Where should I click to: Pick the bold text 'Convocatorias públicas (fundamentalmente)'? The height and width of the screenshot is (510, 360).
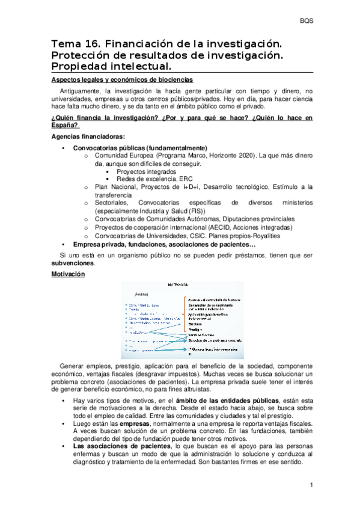140,147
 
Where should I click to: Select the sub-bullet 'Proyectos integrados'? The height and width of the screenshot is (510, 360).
142,171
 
